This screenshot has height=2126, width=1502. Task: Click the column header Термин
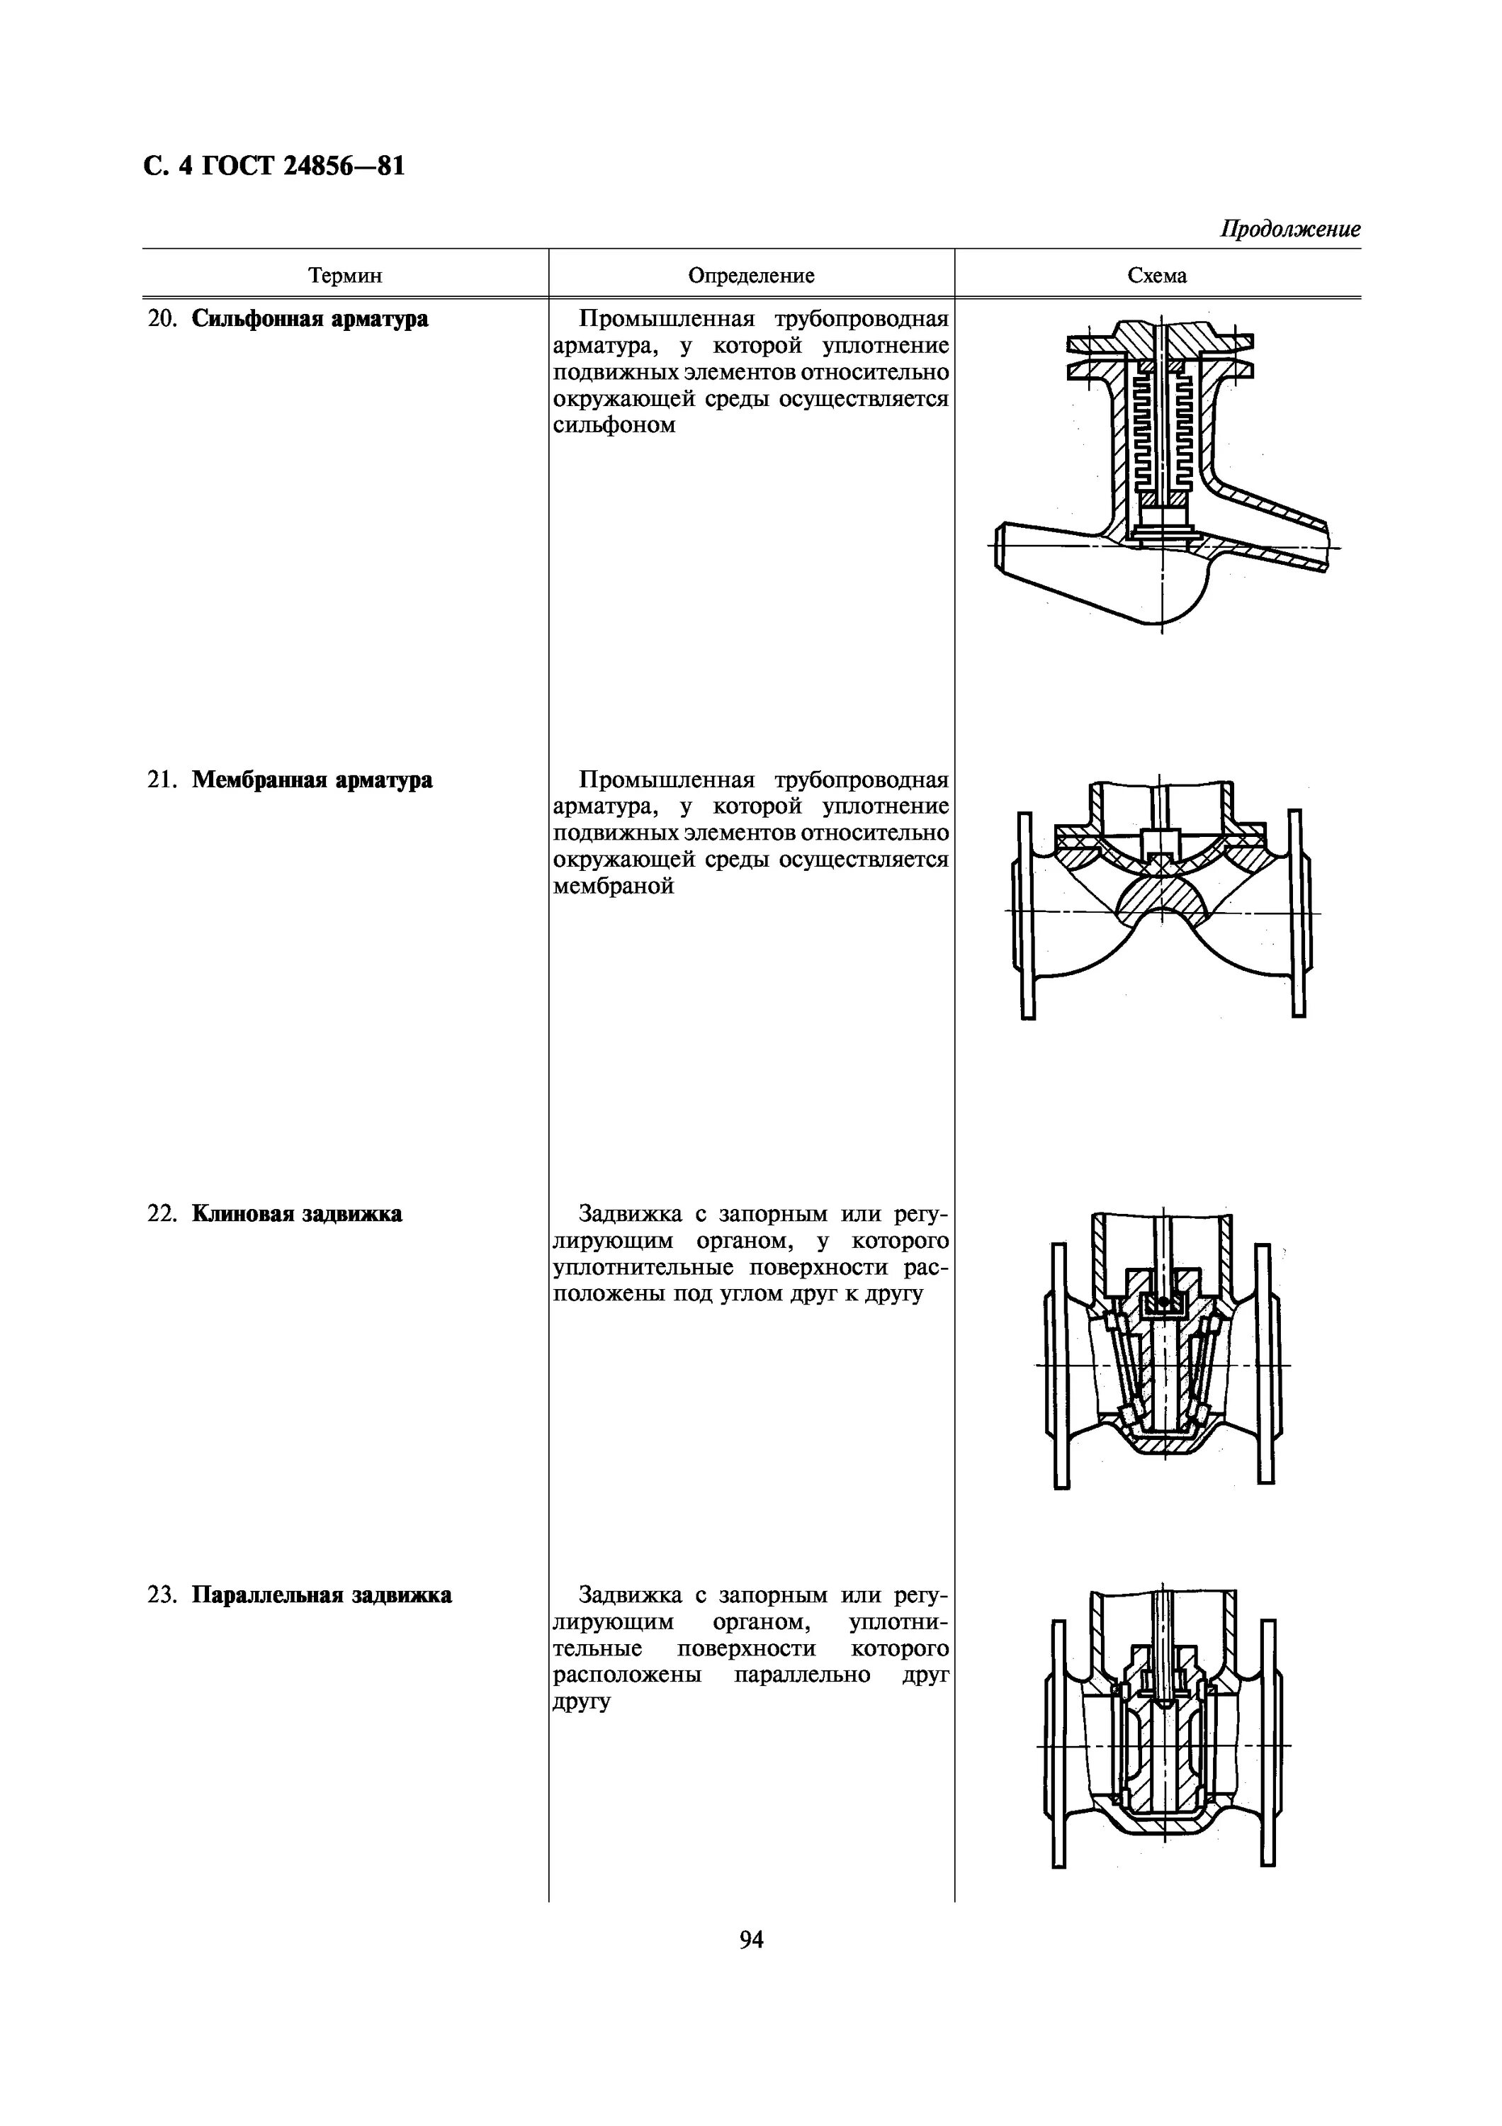click(x=344, y=275)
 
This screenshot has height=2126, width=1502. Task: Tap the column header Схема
click(x=1157, y=275)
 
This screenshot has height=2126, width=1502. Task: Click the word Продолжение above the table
click(x=1290, y=229)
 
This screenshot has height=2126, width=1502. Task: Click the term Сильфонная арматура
click(x=310, y=320)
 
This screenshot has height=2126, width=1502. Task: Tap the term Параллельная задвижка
click(x=322, y=1594)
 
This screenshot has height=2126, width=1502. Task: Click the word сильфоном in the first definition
click(x=614, y=425)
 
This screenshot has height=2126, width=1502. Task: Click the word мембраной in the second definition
click(x=613, y=886)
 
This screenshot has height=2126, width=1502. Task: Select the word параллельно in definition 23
click(x=801, y=1675)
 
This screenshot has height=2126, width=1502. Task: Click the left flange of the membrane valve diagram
click(x=1025, y=915)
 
